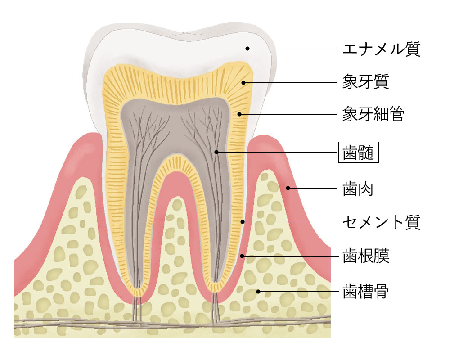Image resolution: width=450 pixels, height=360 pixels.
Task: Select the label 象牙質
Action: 365,82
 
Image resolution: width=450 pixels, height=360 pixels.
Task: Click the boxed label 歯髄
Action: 358,153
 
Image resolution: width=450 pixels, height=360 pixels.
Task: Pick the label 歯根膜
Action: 365,256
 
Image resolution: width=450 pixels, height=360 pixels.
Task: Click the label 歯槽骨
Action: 365,291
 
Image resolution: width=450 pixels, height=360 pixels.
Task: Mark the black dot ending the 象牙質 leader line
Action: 243,82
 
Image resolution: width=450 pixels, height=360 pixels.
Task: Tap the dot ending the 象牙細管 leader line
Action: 240,114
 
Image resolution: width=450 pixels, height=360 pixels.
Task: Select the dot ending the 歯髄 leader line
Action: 216,153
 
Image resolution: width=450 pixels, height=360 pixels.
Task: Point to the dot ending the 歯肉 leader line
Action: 289,188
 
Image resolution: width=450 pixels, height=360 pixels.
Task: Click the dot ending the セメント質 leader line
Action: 243,222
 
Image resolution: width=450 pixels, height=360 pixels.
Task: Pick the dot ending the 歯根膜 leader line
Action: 242,256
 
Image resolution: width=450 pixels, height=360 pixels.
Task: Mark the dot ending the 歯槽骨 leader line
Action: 258,291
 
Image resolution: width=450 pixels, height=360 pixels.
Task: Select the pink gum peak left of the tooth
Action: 92,135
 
